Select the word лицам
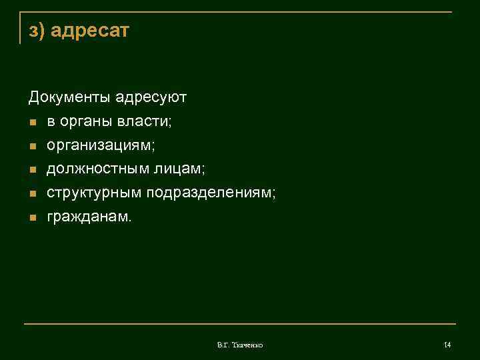click(x=179, y=169)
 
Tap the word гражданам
click(x=89, y=217)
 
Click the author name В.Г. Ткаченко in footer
click(x=240, y=345)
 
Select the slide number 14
click(x=447, y=345)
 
